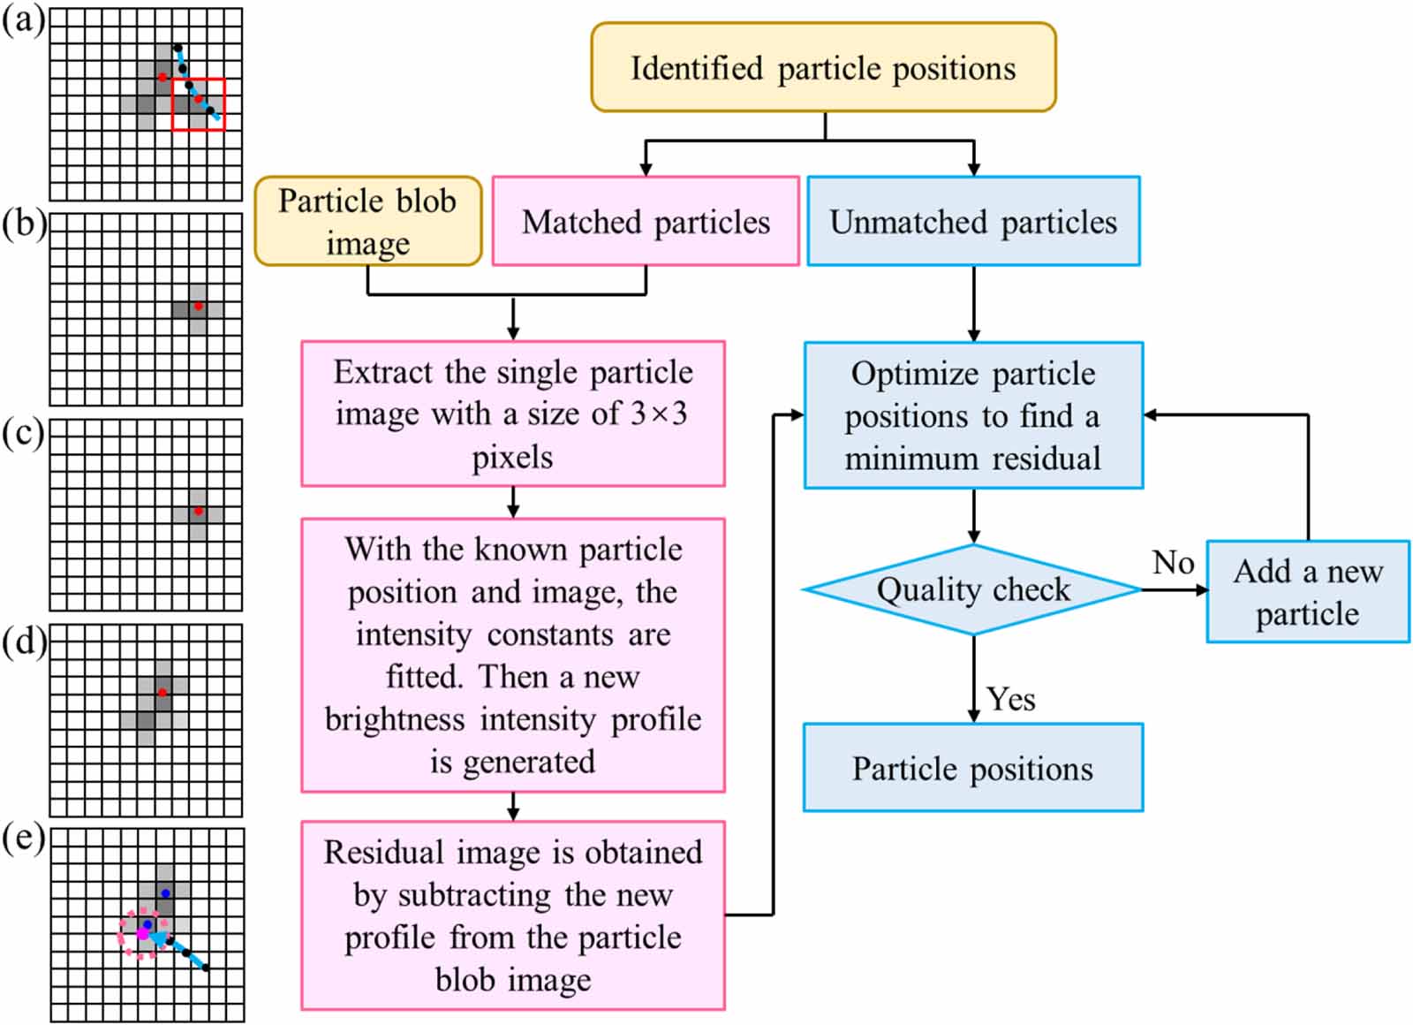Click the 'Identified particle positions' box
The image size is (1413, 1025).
823,68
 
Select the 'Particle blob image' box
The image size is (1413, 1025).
367,221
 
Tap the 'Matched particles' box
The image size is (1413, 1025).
646,222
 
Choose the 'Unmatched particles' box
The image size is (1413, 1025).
973,222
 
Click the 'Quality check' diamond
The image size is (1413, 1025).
972,589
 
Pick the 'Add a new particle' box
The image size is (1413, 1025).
1307,592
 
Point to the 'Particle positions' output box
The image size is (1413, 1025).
972,768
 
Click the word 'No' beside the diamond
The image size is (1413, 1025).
1173,563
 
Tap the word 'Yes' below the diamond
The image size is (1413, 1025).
1011,699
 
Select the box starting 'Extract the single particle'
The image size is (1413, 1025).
512,414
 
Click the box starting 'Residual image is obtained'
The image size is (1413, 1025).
512,915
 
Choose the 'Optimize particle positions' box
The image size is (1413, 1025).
973,415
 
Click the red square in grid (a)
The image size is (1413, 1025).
199,104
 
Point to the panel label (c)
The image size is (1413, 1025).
23,434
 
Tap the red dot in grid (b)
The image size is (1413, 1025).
198,307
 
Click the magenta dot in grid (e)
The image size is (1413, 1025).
142,933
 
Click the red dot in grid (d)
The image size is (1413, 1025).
162,693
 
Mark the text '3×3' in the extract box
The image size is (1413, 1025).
658,414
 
